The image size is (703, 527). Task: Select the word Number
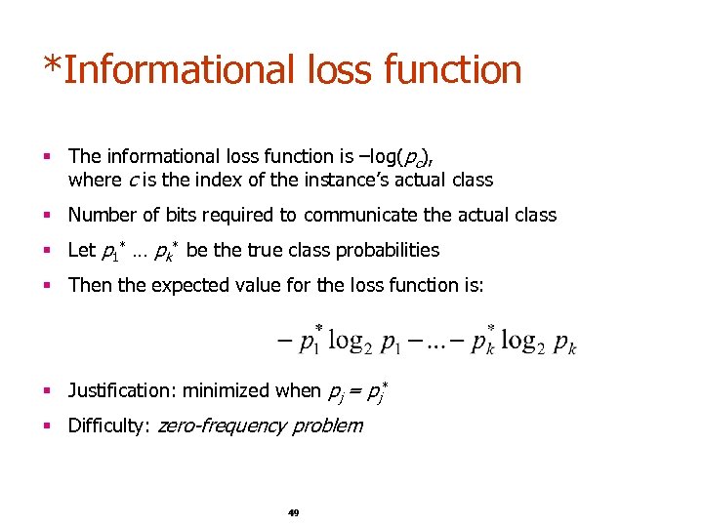[101, 215]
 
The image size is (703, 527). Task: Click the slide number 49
[293, 512]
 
